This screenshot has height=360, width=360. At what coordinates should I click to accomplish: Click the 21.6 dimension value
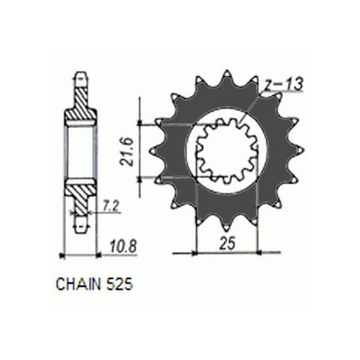[127, 152]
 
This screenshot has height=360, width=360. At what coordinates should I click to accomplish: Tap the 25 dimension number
[228, 243]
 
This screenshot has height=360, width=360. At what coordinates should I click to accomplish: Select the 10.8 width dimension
[123, 247]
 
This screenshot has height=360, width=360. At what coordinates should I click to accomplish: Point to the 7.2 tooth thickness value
[110, 207]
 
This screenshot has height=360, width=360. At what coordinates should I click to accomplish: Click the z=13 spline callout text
[283, 84]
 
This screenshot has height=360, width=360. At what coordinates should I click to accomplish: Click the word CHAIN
[79, 284]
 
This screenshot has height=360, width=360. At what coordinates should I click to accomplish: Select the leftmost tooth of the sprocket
[154, 151]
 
